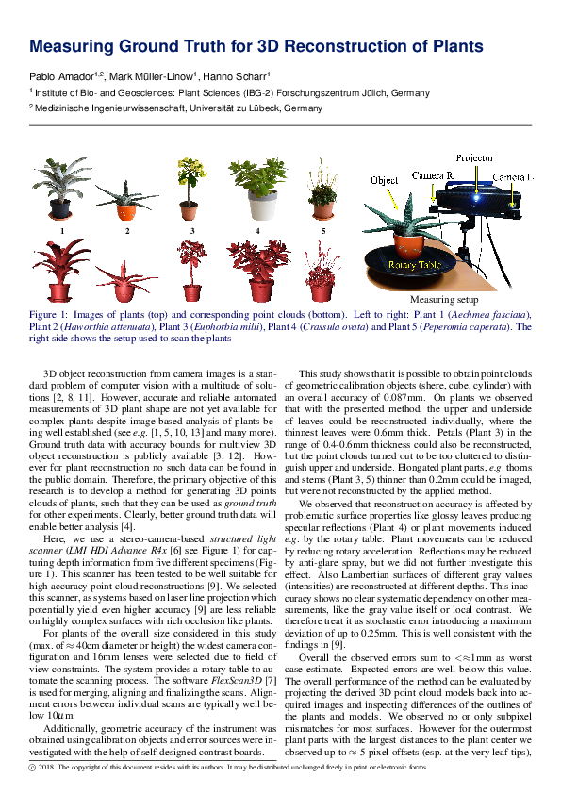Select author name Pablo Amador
click(63, 76)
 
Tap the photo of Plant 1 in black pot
click(62, 190)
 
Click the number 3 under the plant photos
click(191, 230)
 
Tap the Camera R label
click(436, 176)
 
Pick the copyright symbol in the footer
click(33, 768)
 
